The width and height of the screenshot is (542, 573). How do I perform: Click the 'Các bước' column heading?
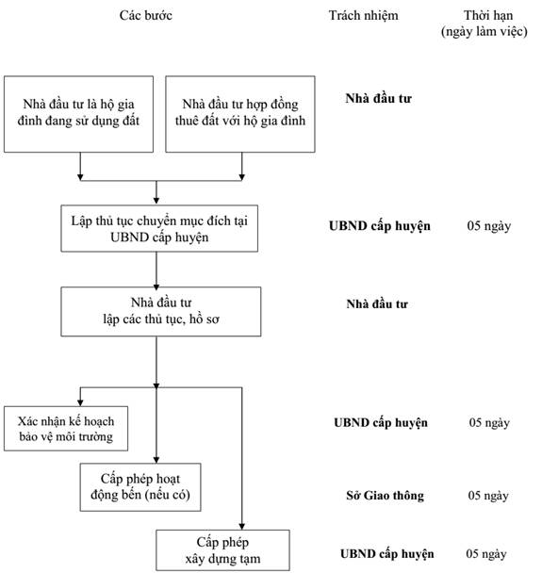(145, 15)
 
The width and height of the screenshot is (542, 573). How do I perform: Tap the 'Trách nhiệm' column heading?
(363, 15)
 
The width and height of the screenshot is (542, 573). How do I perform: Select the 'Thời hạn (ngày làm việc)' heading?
(485, 24)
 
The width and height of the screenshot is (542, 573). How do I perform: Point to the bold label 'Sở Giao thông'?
(385, 496)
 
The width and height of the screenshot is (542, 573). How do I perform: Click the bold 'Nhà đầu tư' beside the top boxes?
(378, 98)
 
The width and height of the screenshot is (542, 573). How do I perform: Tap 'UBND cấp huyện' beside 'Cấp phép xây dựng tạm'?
(387, 554)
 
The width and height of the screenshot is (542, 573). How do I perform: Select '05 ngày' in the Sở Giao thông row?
(488, 496)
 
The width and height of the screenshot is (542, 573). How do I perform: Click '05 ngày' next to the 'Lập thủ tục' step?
(488, 226)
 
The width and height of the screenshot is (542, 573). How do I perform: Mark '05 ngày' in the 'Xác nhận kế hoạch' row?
(489, 423)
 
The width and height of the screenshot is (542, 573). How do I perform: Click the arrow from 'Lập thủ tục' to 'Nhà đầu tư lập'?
(156, 270)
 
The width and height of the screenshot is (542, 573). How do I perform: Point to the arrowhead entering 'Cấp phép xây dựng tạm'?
(241, 527)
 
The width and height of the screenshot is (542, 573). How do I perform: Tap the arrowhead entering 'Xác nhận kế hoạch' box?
(80, 403)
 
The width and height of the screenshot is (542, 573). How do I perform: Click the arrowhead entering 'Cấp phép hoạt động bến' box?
(156, 460)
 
